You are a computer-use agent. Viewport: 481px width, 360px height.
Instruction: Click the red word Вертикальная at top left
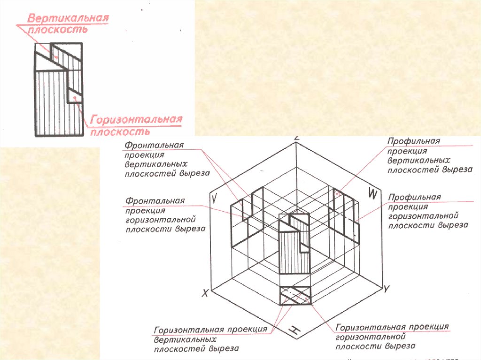coord(68,19)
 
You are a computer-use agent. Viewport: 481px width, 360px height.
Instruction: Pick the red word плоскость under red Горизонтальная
coord(120,131)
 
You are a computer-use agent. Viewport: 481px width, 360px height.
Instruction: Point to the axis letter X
coord(205,293)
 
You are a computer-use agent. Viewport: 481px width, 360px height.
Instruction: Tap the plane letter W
coord(372,192)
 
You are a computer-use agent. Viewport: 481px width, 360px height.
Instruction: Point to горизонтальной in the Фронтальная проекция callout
coord(160,220)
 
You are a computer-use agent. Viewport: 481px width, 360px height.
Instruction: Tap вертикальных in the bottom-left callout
coord(185,339)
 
